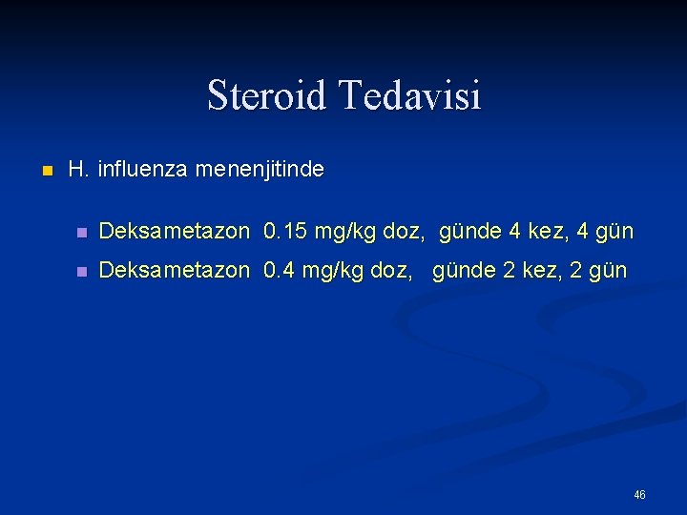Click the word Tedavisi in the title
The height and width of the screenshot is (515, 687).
pos(410,95)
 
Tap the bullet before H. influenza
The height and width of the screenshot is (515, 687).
pos(45,172)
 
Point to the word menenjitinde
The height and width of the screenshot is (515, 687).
pos(259,171)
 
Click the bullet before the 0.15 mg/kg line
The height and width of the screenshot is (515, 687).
pos(83,233)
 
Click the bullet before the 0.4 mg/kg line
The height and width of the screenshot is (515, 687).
pos(83,272)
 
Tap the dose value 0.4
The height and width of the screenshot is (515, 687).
pos(279,271)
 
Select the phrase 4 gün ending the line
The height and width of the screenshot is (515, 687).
pos(605,233)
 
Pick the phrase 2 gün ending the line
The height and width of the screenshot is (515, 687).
pos(600,272)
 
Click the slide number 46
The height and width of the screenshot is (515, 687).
pos(639,495)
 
